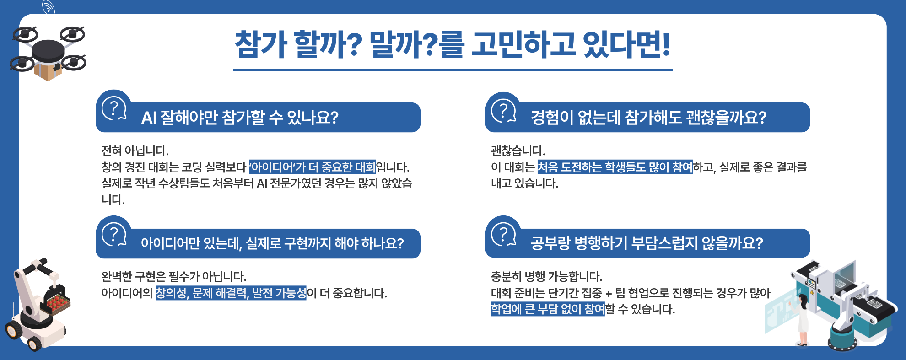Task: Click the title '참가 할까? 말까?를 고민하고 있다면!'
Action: point(453,44)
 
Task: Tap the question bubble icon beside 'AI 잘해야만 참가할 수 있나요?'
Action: point(114,110)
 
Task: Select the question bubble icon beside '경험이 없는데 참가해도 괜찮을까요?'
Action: point(503,111)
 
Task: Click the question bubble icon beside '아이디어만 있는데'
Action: point(114,235)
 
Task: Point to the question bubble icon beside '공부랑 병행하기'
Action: point(503,235)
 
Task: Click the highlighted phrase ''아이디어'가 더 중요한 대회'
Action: point(312,167)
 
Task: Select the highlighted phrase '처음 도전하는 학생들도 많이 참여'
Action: point(615,167)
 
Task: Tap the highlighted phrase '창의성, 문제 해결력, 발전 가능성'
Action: point(231,293)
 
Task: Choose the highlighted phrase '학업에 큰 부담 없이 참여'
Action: point(548,309)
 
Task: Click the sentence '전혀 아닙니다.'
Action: point(135,150)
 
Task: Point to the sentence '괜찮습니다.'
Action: point(518,150)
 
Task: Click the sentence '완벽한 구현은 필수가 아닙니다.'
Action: point(174,276)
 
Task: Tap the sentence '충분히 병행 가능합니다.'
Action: point(546,276)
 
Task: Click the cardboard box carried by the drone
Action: point(48,70)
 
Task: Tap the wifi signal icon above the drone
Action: point(49,7)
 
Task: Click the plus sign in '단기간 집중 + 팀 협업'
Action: point(609,294)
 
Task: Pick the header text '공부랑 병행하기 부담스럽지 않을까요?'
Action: point(647,243)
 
